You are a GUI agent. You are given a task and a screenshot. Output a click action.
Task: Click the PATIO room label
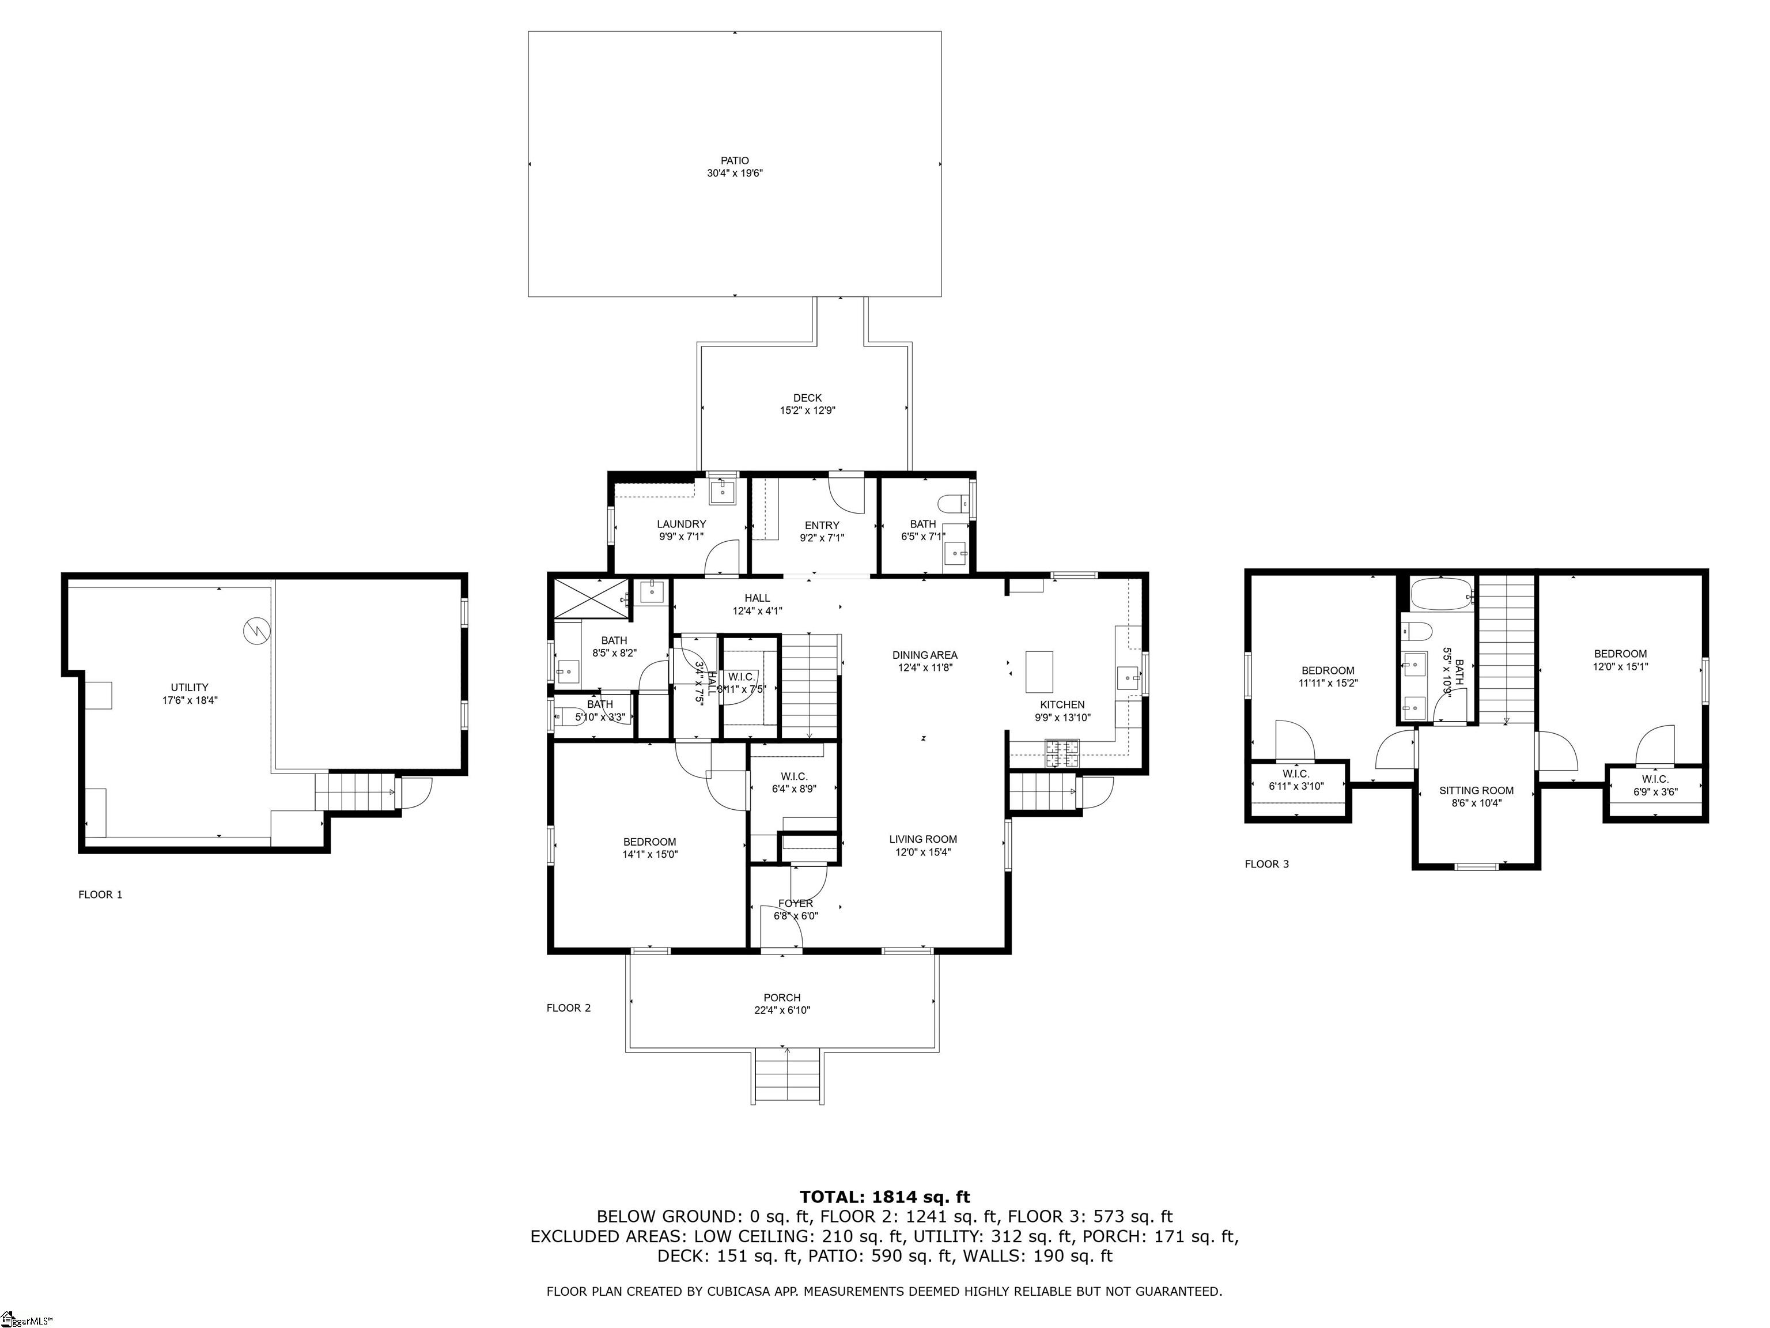click(734, 161)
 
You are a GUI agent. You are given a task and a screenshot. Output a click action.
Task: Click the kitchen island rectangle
click(1039, 671)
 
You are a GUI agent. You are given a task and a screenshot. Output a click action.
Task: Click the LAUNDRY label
click(681, 525)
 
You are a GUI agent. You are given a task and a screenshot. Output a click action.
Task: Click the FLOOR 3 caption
click(1266, 864)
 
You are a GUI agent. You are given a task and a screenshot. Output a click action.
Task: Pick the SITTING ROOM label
click(1476, 790)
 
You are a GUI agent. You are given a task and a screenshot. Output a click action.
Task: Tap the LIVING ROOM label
click(922, 839)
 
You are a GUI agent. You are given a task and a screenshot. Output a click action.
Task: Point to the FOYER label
click(795, 903)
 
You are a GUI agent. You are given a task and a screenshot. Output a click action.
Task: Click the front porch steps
click(788, 1077)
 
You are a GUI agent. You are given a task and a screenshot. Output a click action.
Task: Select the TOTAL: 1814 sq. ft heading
click(884, 1197)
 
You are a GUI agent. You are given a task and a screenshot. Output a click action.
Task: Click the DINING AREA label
click(924, 655)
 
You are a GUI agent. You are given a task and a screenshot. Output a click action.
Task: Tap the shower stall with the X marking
click(591, 599)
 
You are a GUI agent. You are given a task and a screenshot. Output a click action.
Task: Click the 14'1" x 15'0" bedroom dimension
click(650, 854)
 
